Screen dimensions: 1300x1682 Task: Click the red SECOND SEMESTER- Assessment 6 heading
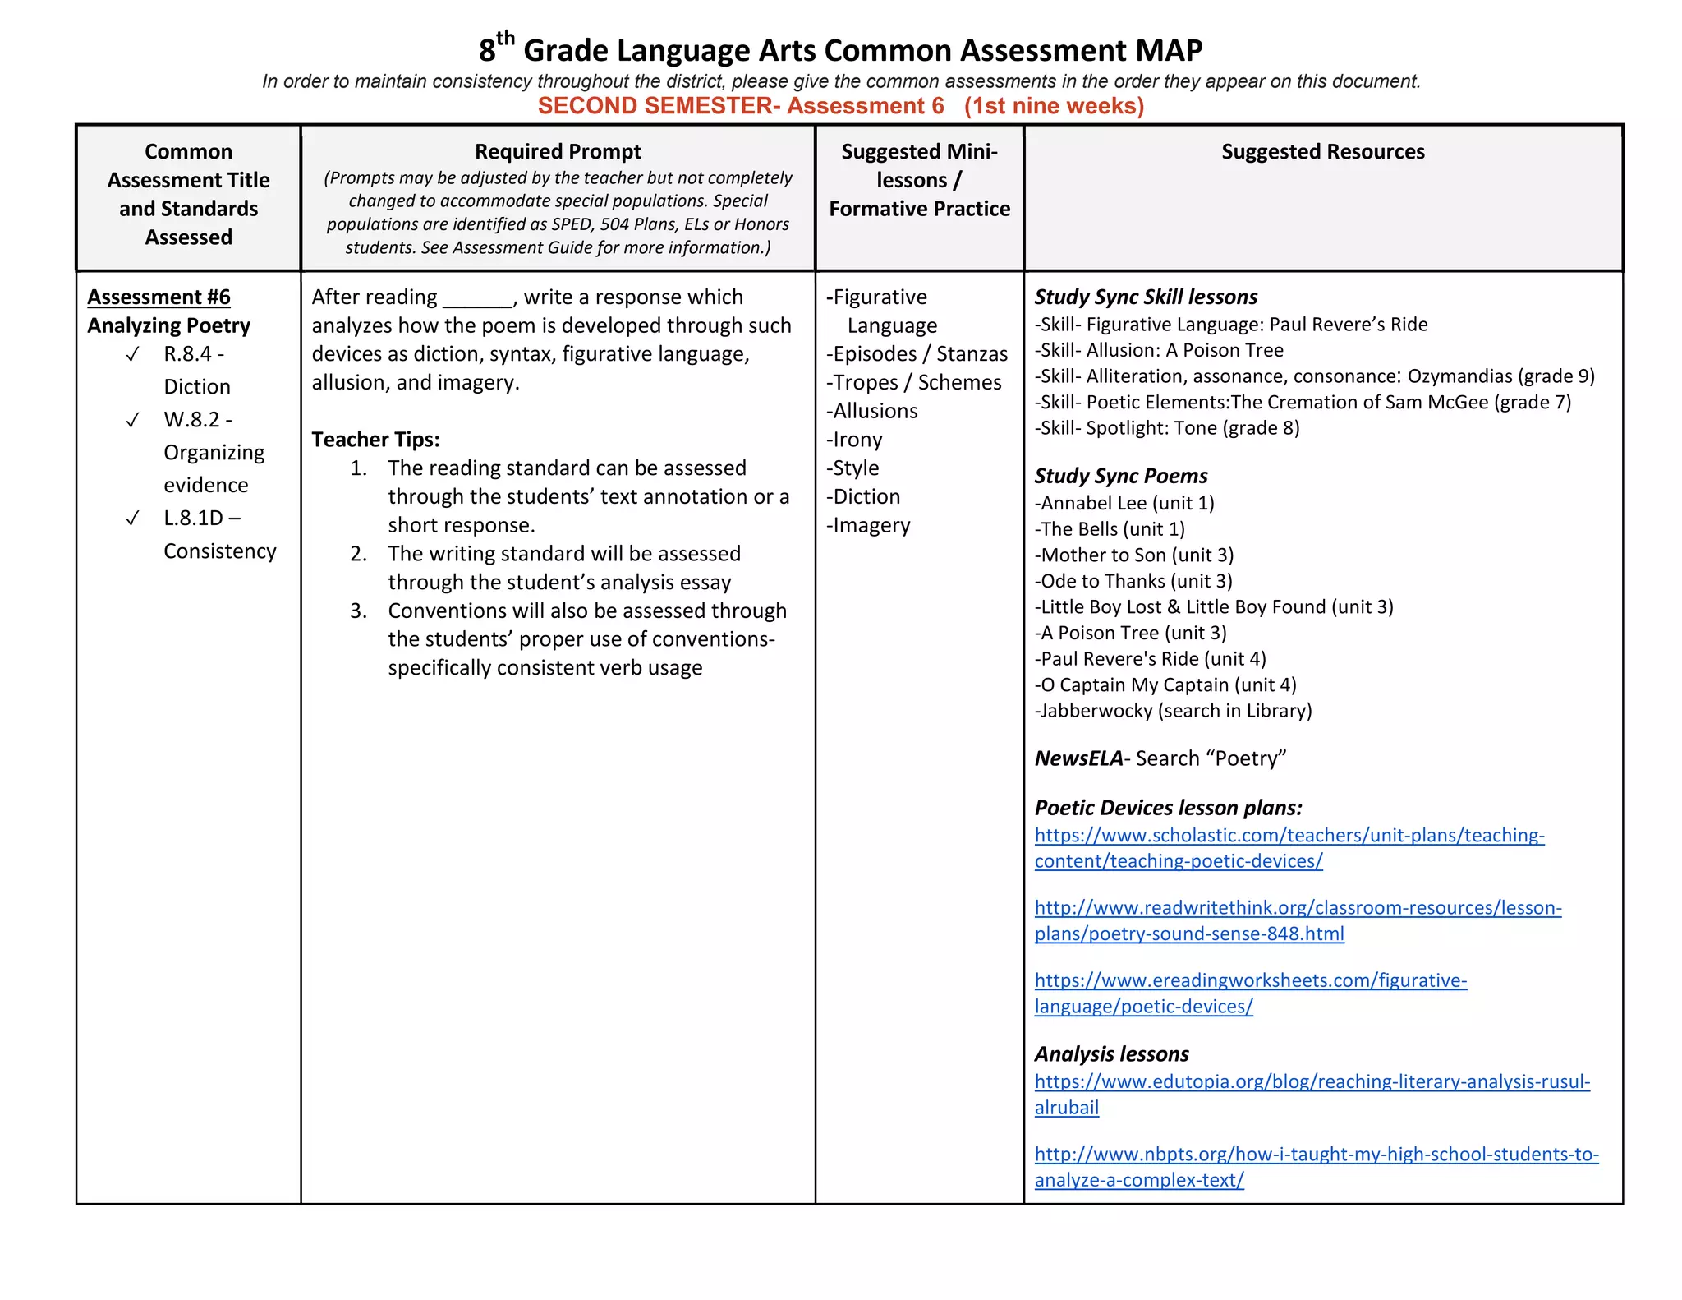coord(840,106)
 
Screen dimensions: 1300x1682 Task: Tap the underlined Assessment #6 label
coord(159,297)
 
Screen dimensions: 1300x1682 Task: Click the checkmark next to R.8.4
coord(132,354)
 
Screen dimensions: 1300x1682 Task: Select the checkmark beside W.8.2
coord(132,420)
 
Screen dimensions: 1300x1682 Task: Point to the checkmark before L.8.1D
coord(132,519)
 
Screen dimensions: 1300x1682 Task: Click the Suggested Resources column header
coord(1322,152)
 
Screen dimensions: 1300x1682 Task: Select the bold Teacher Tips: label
coord(375,440)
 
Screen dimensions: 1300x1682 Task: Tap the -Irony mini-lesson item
coord(854,440)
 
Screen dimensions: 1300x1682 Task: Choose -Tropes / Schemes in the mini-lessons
coord(913,383)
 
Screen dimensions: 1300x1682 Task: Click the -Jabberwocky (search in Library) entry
coord(1173,711)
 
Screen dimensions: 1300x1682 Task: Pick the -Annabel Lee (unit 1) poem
coord(1124,504)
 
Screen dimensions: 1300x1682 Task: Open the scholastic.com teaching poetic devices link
coord(1289,836)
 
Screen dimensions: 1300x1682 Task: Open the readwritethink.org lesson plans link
coord(1298,908)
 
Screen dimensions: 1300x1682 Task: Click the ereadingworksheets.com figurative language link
coord(1250,980)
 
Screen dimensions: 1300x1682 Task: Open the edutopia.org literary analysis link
coord(1312,1082)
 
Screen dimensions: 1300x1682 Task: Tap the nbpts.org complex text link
coord(1316,1155)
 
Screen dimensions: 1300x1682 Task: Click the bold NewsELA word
coord(1078,758)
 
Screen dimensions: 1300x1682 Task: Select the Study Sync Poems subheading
coord(1120,476)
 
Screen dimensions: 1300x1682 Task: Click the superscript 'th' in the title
coord(505,38)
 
